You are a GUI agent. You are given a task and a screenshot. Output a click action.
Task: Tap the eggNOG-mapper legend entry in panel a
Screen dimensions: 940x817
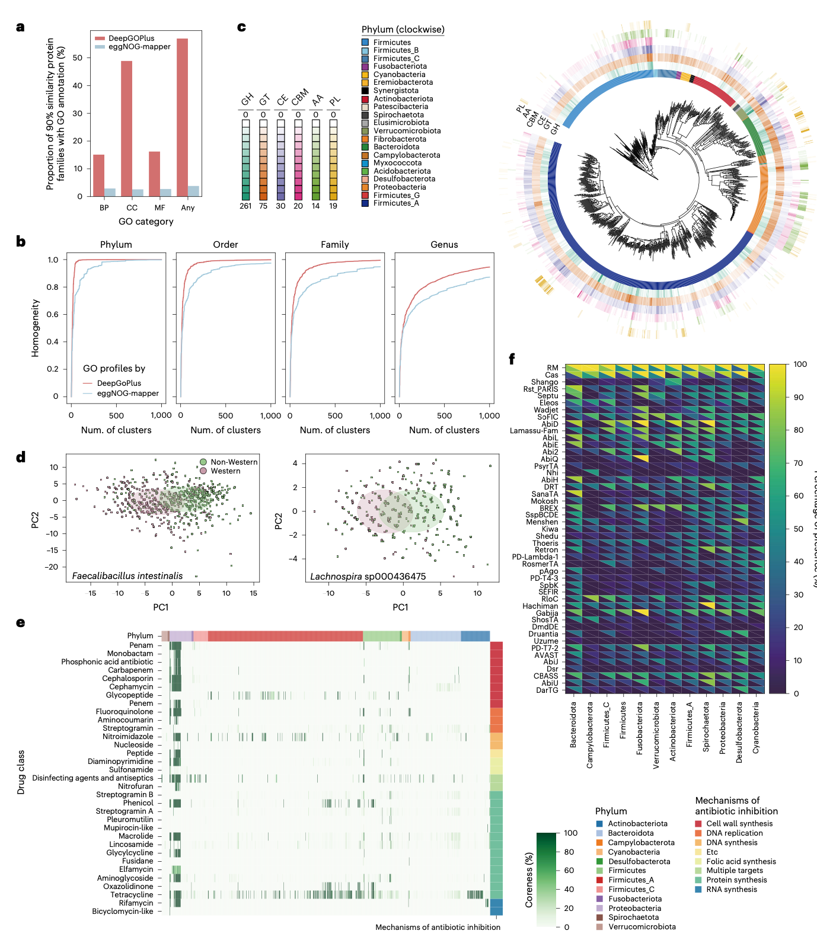tap(139, 47)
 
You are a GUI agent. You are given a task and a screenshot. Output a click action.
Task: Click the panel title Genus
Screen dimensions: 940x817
tap(444, 245)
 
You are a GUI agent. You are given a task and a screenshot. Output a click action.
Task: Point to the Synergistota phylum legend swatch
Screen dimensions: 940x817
tap(366, 91)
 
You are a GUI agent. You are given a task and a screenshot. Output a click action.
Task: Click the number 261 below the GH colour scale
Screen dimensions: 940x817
tap(245, 206)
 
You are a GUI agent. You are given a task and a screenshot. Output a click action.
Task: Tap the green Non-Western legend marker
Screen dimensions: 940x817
tap(203, 462)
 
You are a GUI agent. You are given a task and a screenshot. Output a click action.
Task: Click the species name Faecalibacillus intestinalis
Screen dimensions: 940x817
tap(127, 575)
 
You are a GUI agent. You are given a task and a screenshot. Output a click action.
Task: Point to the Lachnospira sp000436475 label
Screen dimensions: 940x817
tap(368, 576)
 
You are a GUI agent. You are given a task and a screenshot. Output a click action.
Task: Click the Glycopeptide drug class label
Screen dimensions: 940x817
tap(129, 695)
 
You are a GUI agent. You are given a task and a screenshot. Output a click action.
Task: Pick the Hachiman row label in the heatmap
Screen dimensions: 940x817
tap(540, 606)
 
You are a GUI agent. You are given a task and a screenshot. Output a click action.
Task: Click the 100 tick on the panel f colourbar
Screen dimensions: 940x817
tap(800, 365)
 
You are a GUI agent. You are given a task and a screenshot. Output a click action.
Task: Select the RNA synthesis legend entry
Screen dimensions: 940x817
tap(732, 890)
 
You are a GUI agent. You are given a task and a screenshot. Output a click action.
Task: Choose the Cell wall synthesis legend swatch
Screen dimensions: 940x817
tap(699, 824)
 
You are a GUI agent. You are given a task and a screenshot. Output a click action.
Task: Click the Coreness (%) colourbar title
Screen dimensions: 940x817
tap(529, 881)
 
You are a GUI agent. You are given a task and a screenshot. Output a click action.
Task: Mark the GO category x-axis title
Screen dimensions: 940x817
tap(146, 222)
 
